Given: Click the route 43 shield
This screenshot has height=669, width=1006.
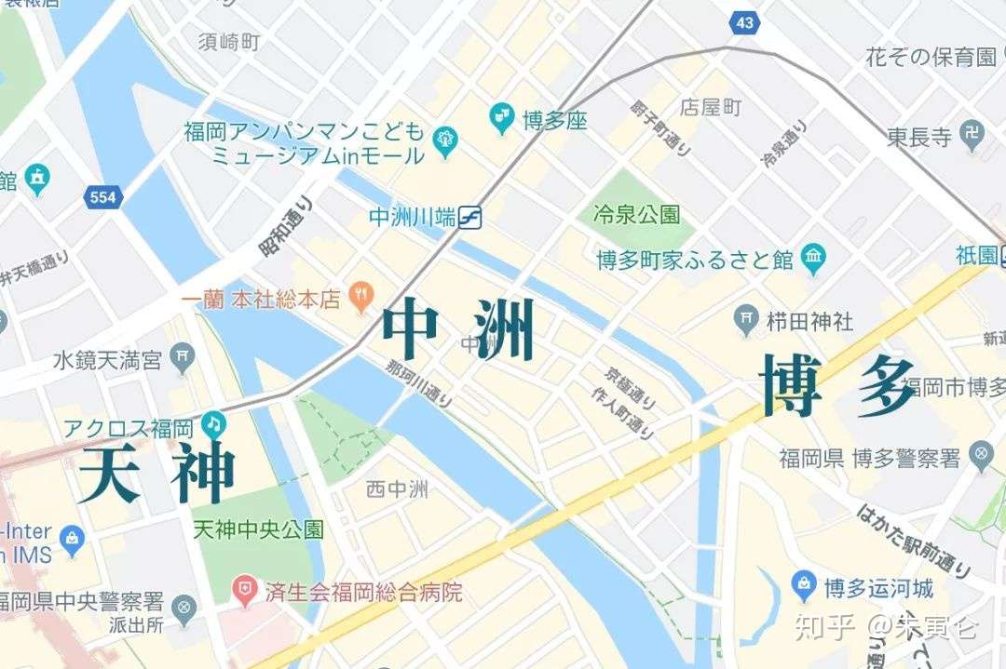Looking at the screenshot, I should pos(744,23).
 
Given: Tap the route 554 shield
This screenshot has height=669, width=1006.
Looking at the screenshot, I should pos(103,196).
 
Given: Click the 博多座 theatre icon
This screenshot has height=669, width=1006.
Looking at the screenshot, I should pos(502,118).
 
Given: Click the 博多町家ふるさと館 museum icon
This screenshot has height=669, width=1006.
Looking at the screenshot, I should pos(813,259).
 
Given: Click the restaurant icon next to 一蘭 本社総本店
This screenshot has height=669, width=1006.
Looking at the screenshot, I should pos(360,299).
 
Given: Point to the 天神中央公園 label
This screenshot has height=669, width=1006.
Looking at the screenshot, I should pos(258,529).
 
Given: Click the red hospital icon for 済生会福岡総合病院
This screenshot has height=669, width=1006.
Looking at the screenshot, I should pos(245,591).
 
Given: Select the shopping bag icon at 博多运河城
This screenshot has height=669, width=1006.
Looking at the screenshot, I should pos(803,587).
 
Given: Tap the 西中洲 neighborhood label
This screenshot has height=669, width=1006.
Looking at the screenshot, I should pos(397,488).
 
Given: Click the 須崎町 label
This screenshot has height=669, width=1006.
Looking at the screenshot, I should pos(229,42).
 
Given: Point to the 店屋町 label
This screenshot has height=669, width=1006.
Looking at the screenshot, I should pos(711,107).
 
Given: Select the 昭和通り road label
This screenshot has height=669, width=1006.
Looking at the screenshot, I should pos(287,226).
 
